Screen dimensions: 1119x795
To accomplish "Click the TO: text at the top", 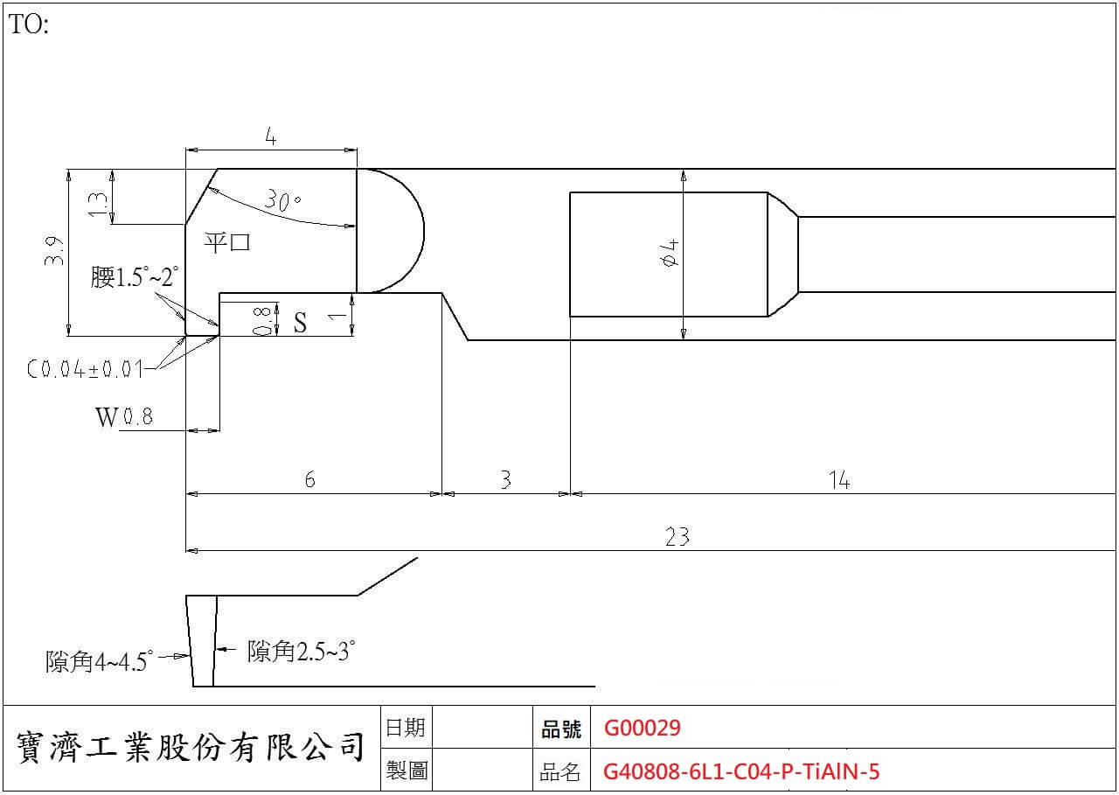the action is (29, 24).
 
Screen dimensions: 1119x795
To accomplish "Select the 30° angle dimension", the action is (282, 200).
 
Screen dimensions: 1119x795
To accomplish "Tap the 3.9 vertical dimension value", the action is (54, 251).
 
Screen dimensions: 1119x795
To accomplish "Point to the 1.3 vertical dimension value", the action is (97, 205).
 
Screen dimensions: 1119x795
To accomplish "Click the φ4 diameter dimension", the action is (670, 254).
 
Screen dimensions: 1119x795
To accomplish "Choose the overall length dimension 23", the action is (677, 537).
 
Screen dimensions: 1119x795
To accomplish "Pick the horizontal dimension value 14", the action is (839, 479).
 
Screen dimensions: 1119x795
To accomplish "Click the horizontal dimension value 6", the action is (309, 479).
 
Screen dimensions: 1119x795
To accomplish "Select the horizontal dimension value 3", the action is (505, 479).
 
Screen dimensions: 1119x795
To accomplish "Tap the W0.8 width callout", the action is (124, 416).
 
